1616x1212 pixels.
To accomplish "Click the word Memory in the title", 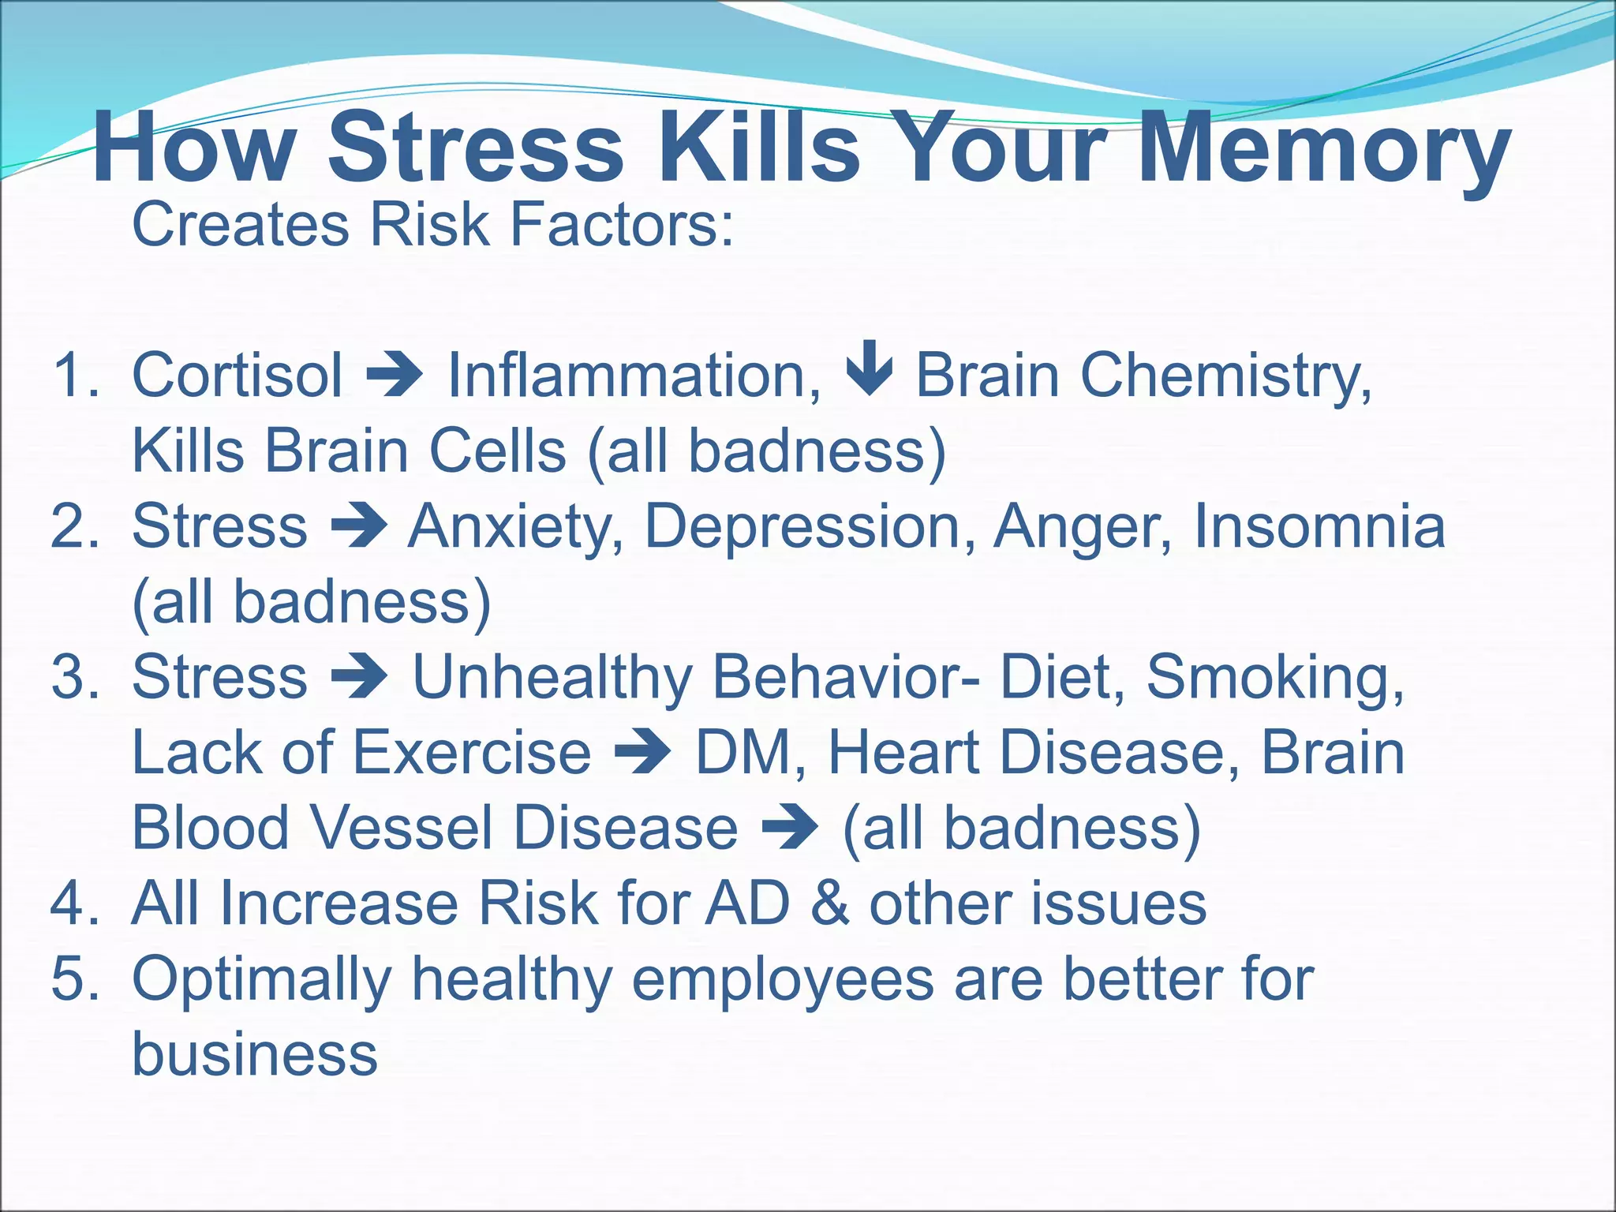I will [x=1323, y=150].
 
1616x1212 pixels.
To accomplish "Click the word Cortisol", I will [x=238, y=375].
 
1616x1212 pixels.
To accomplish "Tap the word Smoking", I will [x=1275, y=677].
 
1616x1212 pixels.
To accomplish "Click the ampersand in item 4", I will [x=829, y=903].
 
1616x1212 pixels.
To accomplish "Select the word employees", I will [x=782, y=979].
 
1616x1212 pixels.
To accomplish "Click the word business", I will [x=254, y=1054].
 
